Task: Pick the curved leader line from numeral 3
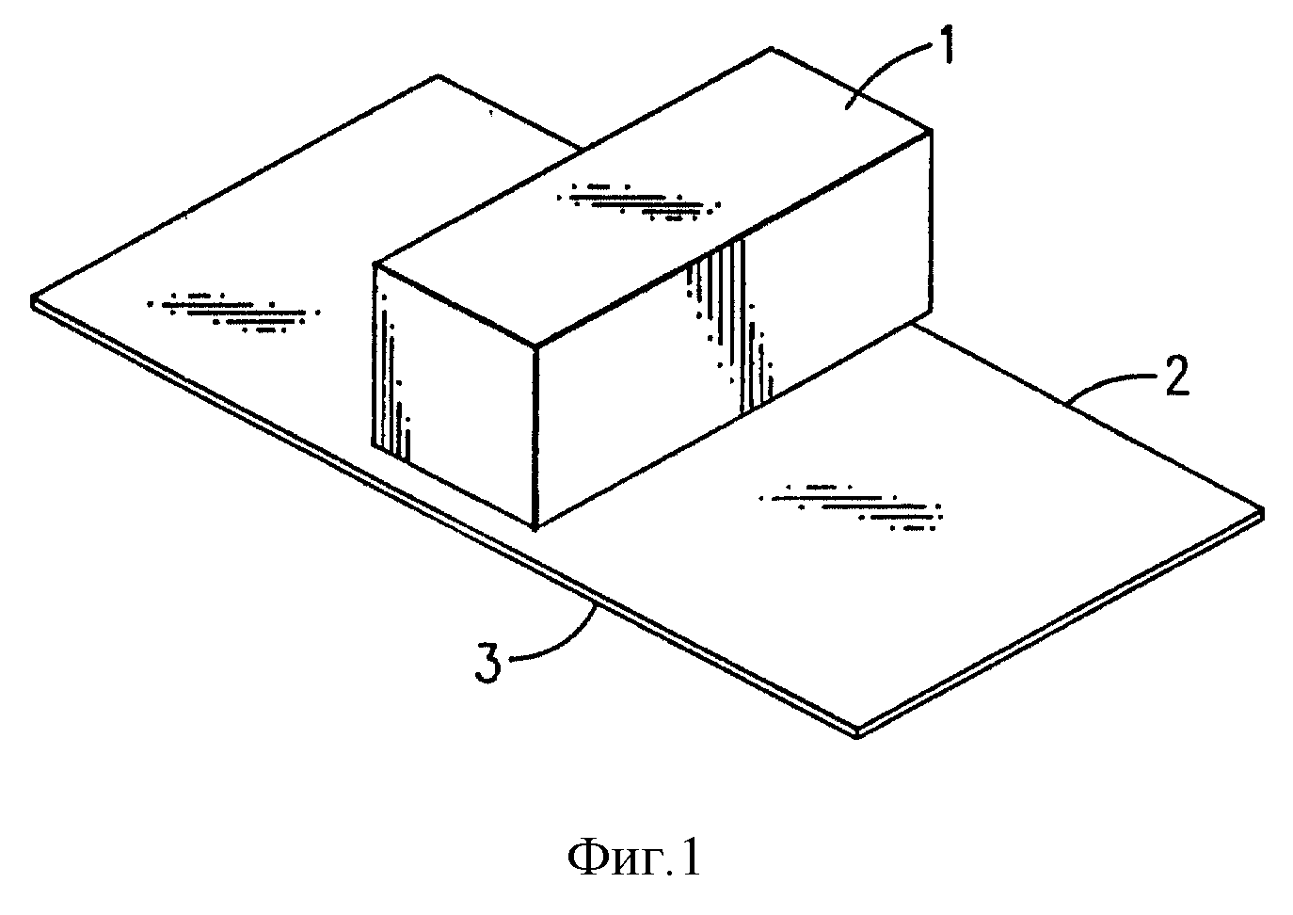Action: (x=565, y=642)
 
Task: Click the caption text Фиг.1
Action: (x=634, y=859)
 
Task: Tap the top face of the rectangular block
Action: (x=652, y=197)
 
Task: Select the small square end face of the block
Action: (x=455, y=395)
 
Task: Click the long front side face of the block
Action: (x=734, y=329)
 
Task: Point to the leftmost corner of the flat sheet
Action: (x=32, y=301)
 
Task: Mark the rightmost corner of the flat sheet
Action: (x=1262, y=511)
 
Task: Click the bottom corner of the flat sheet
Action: (x=858, y=734)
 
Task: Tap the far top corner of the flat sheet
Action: (x=439, y=75)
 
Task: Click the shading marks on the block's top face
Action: (x=639, y=202)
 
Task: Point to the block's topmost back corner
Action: (x=772, y=49)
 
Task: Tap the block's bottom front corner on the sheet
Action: (x=535, y=528)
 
